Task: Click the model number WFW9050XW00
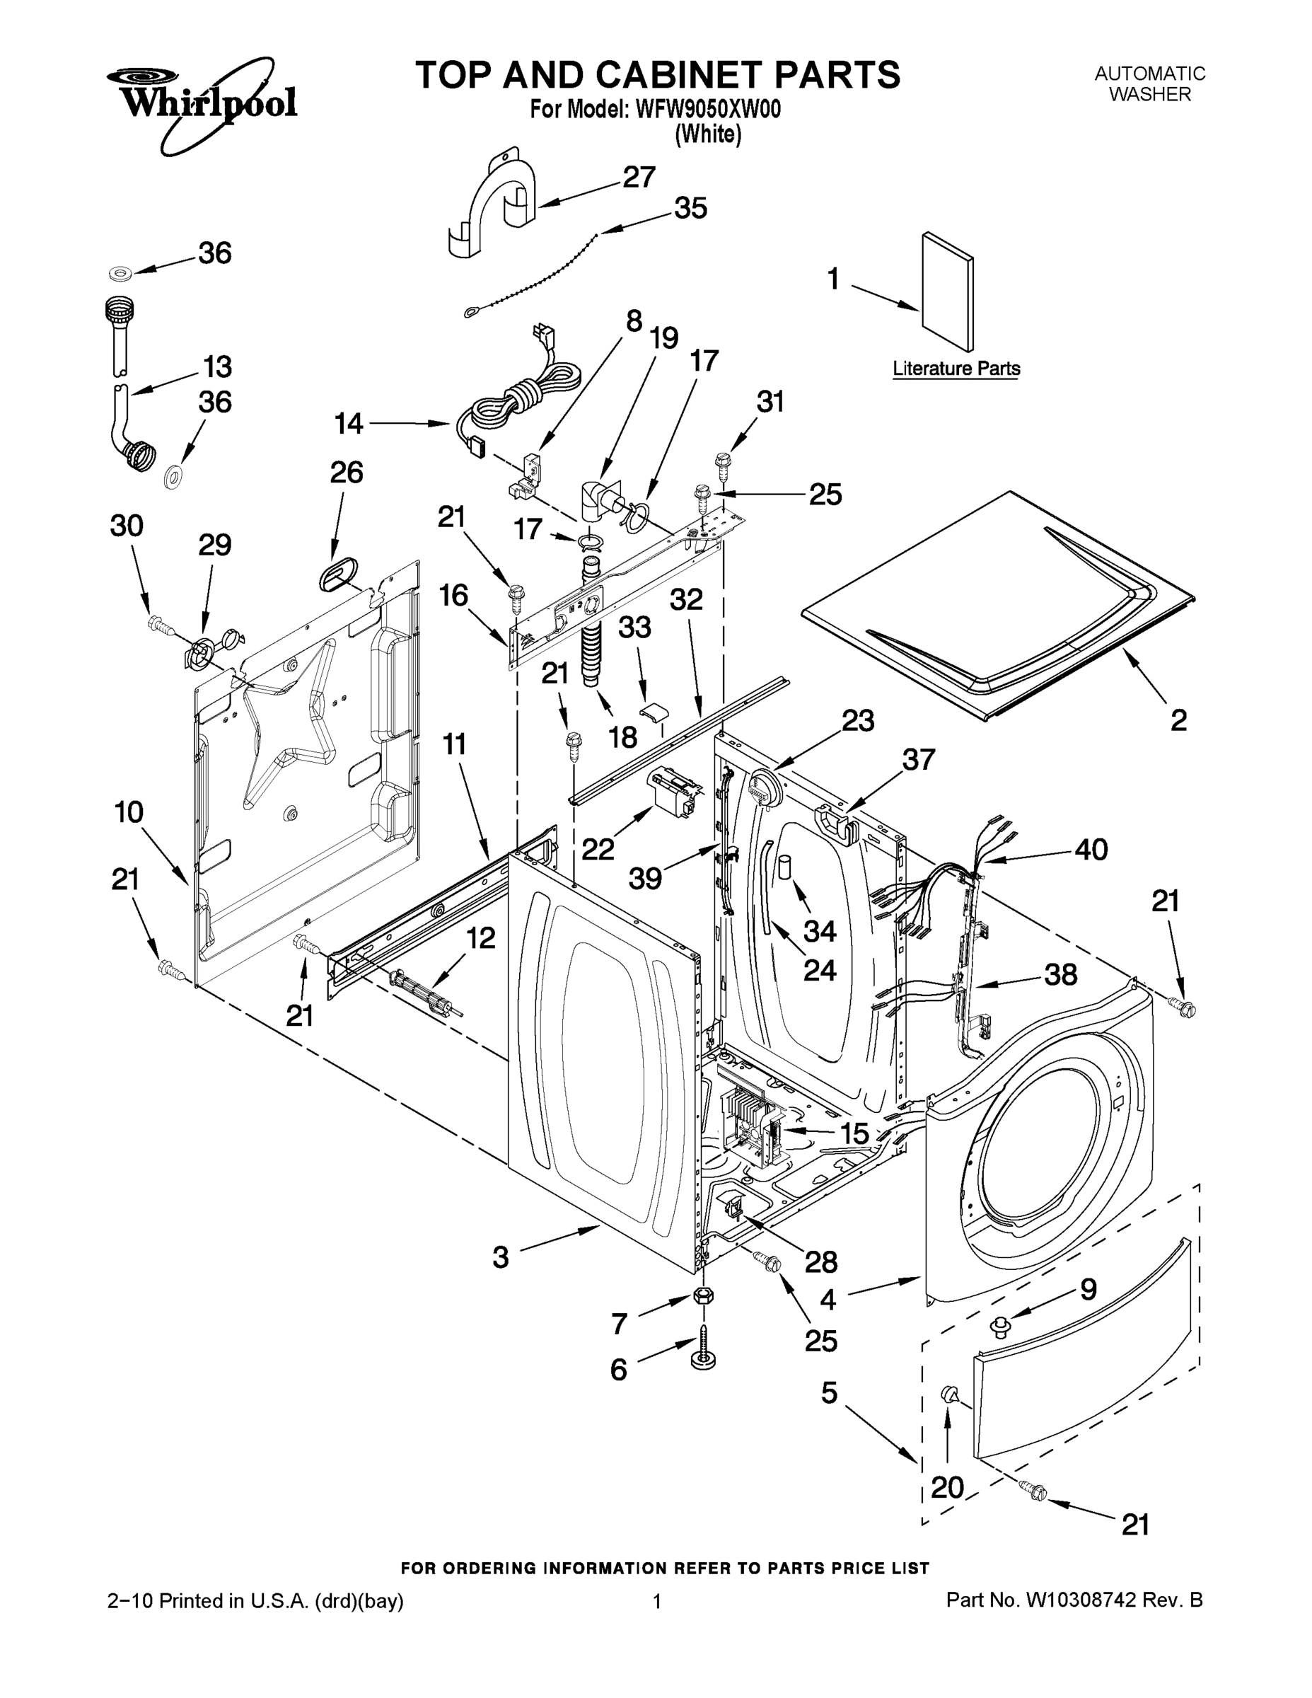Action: point(708,110)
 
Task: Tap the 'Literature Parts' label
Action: point(956,369)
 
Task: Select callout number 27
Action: point(639,178)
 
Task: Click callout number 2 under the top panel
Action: point(1178,720)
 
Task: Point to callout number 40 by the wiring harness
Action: point(1091,849)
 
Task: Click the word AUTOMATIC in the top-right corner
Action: point(1149,74)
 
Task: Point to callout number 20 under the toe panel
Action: point(947,1487)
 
